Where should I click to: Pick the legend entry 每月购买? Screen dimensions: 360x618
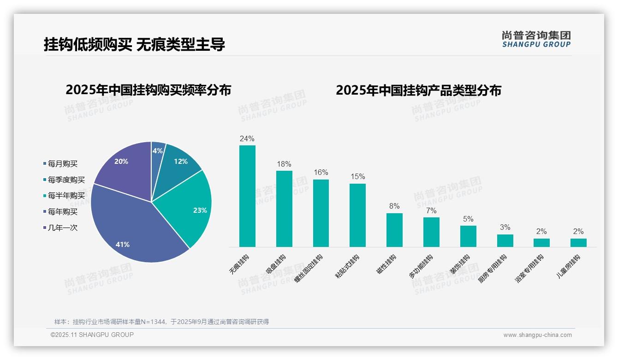(62, 164)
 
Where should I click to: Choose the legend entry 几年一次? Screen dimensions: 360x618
(62, 228)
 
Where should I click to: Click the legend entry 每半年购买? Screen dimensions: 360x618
(66, 196)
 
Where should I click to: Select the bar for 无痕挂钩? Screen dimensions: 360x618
(247, 196)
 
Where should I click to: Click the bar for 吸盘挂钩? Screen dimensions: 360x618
(284, 209)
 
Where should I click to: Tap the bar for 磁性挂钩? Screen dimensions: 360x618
(394, 230)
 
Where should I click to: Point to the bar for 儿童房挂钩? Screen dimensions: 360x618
(578, 242)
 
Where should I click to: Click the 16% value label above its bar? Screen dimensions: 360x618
(321, 173)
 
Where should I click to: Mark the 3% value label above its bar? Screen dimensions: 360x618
(505, 227)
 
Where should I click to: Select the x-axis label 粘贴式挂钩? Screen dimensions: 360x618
(347, 266)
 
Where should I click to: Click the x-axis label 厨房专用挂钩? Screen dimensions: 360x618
(493, 268)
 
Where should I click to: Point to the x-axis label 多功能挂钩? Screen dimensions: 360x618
(421, 266)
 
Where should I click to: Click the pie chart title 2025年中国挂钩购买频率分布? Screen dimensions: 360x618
(148, 90)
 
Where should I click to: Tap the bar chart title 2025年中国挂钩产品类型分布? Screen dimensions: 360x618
(418, 90)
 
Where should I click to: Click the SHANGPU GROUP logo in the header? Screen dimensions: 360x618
(536, 39)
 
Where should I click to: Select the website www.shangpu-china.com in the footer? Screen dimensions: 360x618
(537, 335)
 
